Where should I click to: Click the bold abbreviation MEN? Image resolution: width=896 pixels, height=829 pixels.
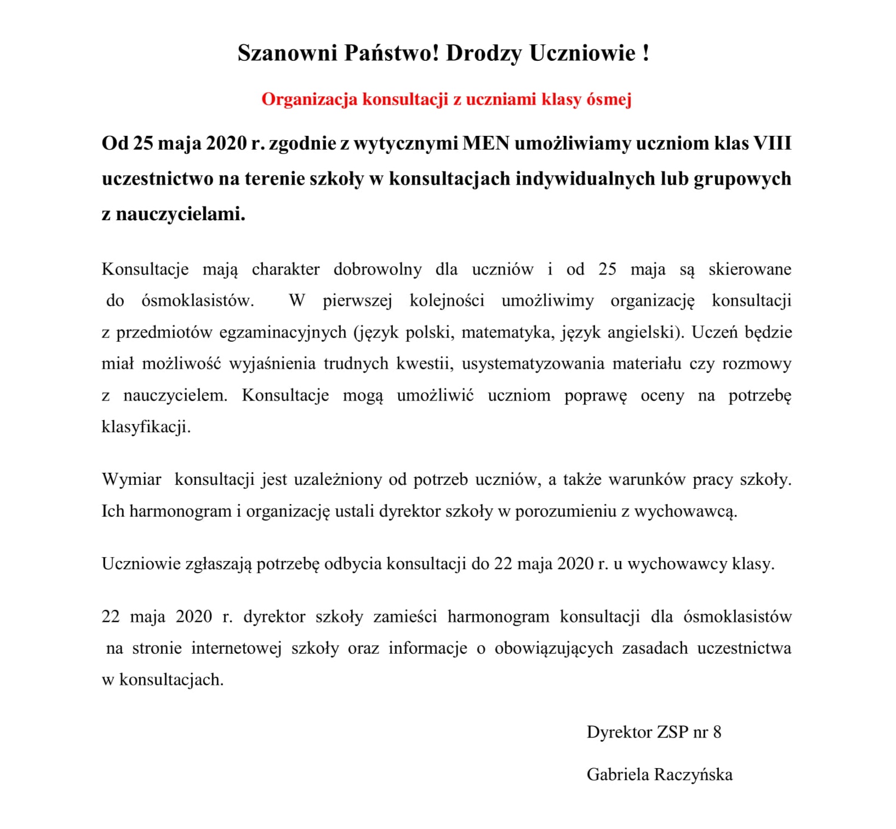pyautogui.click(x=486, y=143)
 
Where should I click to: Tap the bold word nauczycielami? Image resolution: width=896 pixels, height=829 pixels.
pyautogui.click(x=180, y=214)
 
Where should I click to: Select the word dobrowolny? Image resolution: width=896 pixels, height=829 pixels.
pyautogui.click(x=378, y=269)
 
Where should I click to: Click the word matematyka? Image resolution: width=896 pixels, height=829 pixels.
pyautogui.click(x=507, y=333)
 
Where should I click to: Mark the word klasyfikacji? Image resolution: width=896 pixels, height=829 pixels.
pyautogui.click(x=146, y=427)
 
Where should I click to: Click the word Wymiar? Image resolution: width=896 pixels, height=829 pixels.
pyautogui.click(x=132, y=479)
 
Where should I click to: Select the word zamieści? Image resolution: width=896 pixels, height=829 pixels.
pyautogui.click(x=405, y=616)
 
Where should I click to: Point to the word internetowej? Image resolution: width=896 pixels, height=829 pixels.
pyautogui.click(x=236, y=648)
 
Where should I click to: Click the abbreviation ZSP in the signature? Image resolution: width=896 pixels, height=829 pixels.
pyautogui.click(x=672, y=732)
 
